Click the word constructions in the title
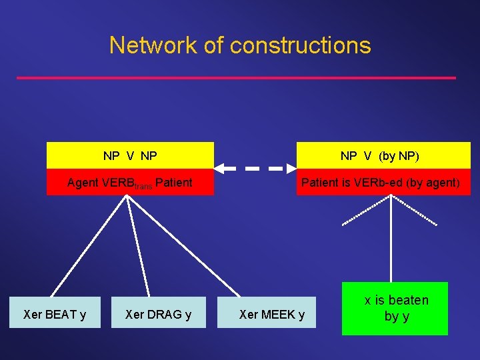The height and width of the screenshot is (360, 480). pyautogui.click(x=300, y=45)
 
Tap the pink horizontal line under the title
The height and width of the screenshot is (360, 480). pyautogui.click(x=236, y=78)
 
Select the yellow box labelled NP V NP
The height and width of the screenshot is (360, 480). pyautogui.click(x=130, y=156)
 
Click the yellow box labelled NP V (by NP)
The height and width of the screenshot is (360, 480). pyautogui.click(x=383, y=156)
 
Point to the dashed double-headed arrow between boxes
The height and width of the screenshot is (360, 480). pyautogui.click(x=255, y=169)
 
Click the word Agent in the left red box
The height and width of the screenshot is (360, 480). pyautogui.click(x=83, y=182)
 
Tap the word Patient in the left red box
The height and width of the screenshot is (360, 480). pyautogui.click(x=173, y=182)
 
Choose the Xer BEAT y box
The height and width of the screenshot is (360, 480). pyautogui.click(x=55, y=314)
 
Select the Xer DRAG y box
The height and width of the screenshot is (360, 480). pyautogui.click(x=158, y=314)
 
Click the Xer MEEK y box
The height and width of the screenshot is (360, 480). pyautogui.click(x=272, y=314)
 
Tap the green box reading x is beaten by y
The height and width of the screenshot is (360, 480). pyautogui.click(x=395, y=309)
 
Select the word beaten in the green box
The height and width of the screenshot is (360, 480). pyautogui.click(x=408, y=300)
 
